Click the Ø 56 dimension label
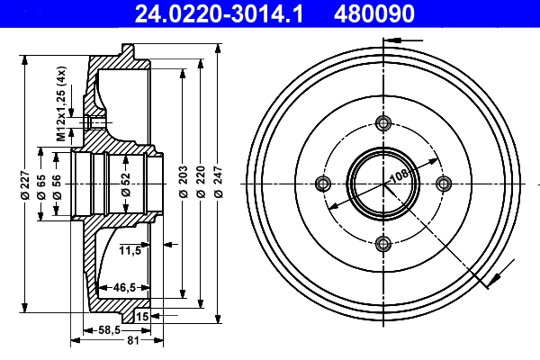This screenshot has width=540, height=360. pyautogui.click(x=57, y=185)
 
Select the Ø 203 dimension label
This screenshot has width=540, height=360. pyautogui.click(x=183, y=185)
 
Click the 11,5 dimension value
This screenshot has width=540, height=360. pyautogui.click(x=130, y=250)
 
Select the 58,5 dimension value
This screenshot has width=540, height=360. pyautogui.click(x=109, y=330)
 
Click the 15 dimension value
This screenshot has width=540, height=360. pyautogui.click(x=142, y=317)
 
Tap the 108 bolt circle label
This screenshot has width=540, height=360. pyautogui.click(x=398, y=172)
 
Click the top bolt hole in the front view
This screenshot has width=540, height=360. pyautogui.click(x=383, y=124)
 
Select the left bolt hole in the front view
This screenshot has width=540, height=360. pyautogui.click(x=324, y=184)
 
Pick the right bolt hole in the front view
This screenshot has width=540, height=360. pyautogui.click(x=443, y=184)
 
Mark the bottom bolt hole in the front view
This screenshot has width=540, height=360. pyautogui.click(x=383, y=243)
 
